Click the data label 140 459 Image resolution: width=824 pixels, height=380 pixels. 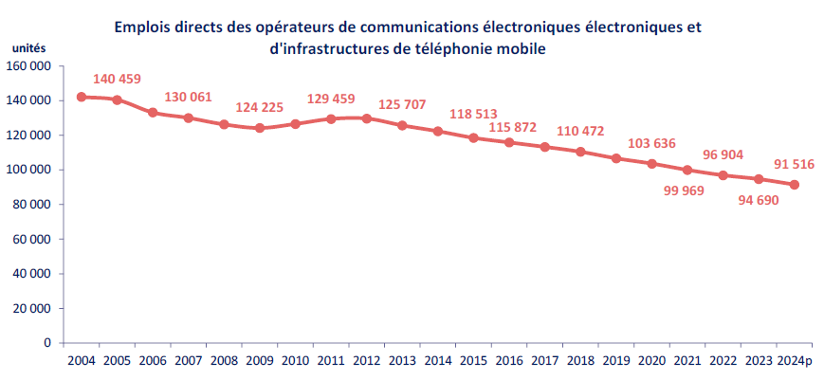pos(117,80)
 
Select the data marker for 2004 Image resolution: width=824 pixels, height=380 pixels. pos(81,97)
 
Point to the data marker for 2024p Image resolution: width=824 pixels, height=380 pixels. pos(795,185)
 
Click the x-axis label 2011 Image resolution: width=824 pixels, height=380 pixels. pos(331,361)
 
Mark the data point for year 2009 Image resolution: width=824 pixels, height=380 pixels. pos(260,128)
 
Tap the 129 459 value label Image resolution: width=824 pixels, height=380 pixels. pos(332,99)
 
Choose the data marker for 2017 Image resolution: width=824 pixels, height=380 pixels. pos(545,147)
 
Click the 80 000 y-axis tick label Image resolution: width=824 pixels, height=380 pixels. pos(34,205)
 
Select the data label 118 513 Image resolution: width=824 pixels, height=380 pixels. pos(474,115)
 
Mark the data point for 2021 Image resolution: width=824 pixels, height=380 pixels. pos(687,171)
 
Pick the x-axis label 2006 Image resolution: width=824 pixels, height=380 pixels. pos(153,361)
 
